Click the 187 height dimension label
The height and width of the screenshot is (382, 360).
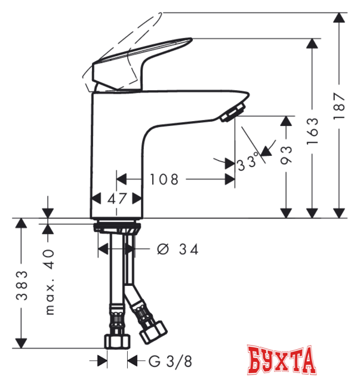click(x=339, y=106)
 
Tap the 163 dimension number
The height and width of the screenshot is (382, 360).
click(x=312, y=131)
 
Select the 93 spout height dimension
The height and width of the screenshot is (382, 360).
click(x=285, y=155)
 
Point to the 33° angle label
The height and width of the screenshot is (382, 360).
click(x=247, y=162)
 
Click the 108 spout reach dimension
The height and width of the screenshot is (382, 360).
click(x=164, y=180)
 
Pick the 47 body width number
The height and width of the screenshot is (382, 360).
click(x=117, y=199)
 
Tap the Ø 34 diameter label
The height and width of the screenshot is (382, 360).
click(x=178, y=249)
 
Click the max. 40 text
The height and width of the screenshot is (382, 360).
click(x=50, y=282)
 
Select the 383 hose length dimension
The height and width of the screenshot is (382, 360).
click(x=21, y=285)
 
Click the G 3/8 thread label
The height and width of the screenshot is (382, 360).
click(x=170, y=361)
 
